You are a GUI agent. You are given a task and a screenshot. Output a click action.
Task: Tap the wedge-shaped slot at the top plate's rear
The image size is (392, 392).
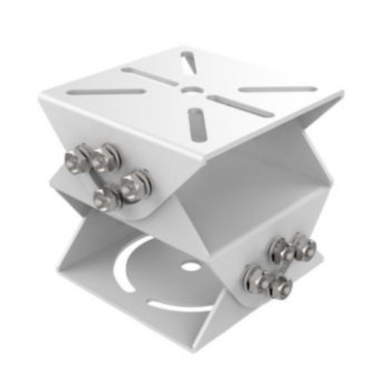click(189, 62)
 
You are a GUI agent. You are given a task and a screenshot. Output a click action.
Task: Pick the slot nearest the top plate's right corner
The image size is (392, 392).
click(277, 89)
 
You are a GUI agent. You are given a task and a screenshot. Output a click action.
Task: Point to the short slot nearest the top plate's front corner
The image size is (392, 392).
click(197, 123)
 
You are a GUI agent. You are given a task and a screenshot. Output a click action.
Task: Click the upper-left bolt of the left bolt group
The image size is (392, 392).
click(78, 158)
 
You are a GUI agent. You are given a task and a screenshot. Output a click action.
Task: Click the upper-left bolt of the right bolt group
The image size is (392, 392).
click(280, 249)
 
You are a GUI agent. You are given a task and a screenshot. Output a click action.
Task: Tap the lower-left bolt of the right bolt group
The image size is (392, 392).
click(257, 279)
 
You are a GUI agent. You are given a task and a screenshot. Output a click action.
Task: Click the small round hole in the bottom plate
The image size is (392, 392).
click(191, 267)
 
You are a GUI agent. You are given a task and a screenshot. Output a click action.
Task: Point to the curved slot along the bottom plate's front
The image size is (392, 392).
click(183, 305)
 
